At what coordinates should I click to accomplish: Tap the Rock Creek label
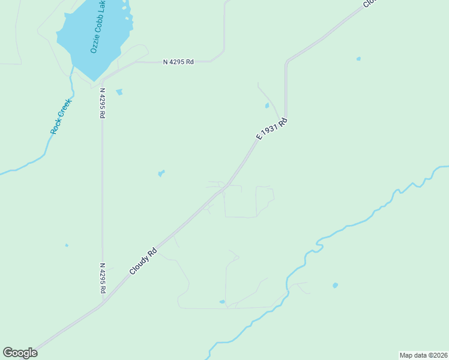coord(61,116)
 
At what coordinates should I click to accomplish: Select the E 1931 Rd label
coord(272,128)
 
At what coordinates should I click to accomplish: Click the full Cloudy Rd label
coord(143,262)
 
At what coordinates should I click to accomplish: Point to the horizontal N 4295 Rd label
coord(178,62)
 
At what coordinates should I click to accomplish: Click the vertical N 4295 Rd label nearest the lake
coord(102,103)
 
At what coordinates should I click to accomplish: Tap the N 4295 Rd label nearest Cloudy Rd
coord(103,278)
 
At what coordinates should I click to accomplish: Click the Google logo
coord(20,353)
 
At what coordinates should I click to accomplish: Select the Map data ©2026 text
coord(423,355)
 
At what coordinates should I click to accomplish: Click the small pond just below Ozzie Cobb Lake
coord(119,92)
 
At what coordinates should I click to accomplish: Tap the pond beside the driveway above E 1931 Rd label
coord(267,106)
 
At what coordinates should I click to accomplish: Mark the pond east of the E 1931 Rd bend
coord(358,59)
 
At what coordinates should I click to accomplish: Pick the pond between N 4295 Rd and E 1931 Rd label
coord(161,173)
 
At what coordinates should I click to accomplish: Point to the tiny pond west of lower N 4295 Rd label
coord(67,245)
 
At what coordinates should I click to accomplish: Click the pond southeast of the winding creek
coord(335,285)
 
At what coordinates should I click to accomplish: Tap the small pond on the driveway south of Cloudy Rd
coord(222,302)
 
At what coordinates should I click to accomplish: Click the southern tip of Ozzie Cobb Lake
coord(94,80)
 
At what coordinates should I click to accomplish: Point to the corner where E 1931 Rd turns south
coord(286,62)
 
